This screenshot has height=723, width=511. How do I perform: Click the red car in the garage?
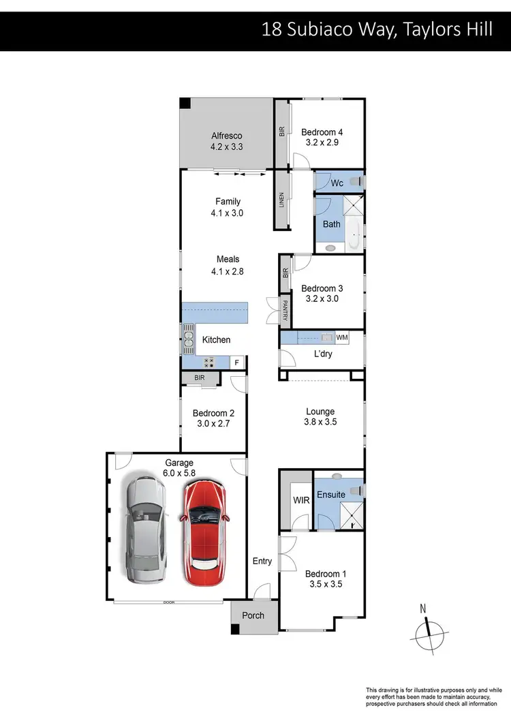[x=205, y=525]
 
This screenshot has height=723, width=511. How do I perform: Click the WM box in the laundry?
[x=342, y=337]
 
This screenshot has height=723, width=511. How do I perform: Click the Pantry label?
[x=285, y=312]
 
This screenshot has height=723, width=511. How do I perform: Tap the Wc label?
[x=337, y=183]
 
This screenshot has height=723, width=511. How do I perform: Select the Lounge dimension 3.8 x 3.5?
[x=320, y=422]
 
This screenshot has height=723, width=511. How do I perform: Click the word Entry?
[x=262, y=562]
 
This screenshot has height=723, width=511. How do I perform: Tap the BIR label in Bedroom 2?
[x=199, y=377]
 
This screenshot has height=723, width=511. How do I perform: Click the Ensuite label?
[x=332, y=495]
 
